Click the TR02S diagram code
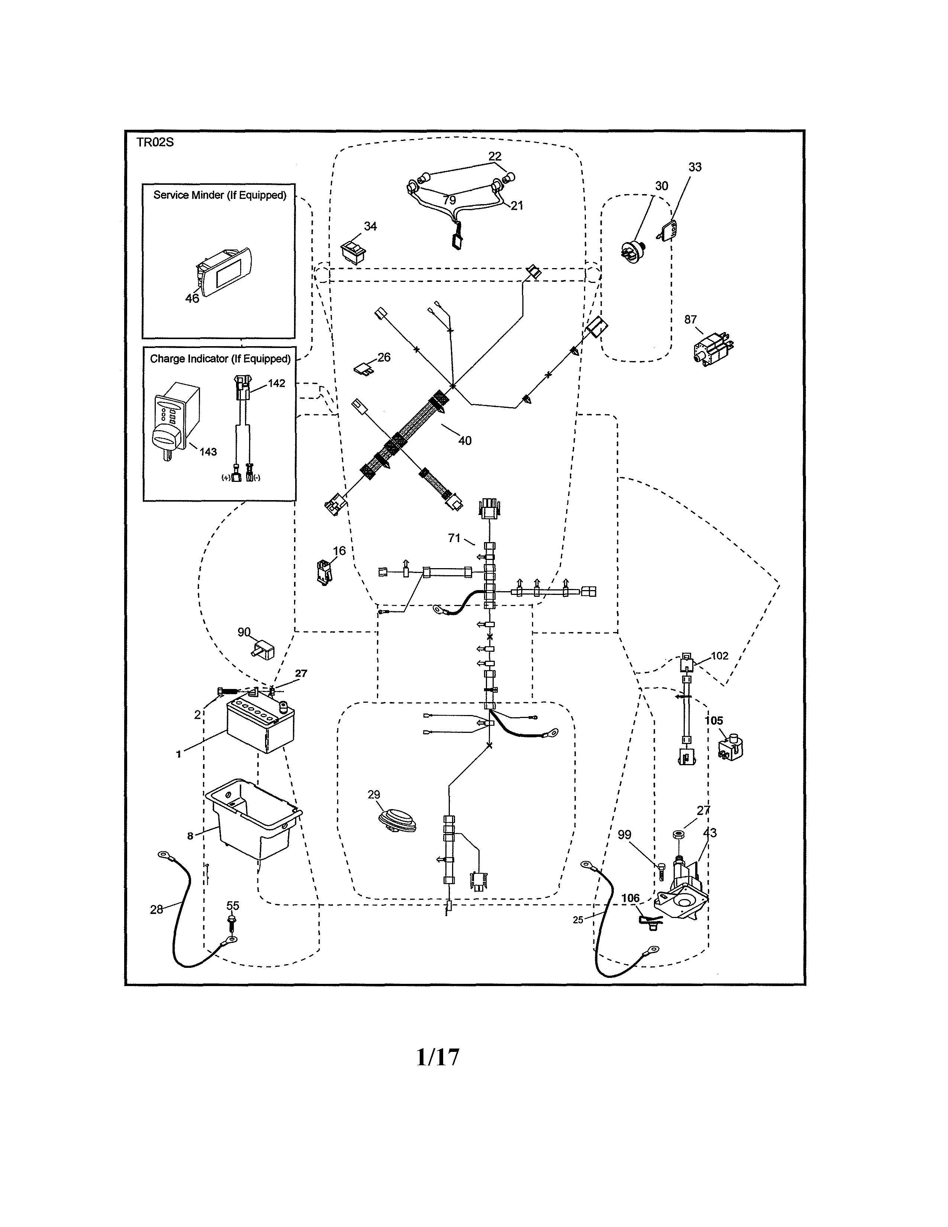click(155, 142)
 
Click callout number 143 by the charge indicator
click(208, 452)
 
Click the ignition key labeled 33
click(668, 231)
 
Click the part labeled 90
click(262, 650)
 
